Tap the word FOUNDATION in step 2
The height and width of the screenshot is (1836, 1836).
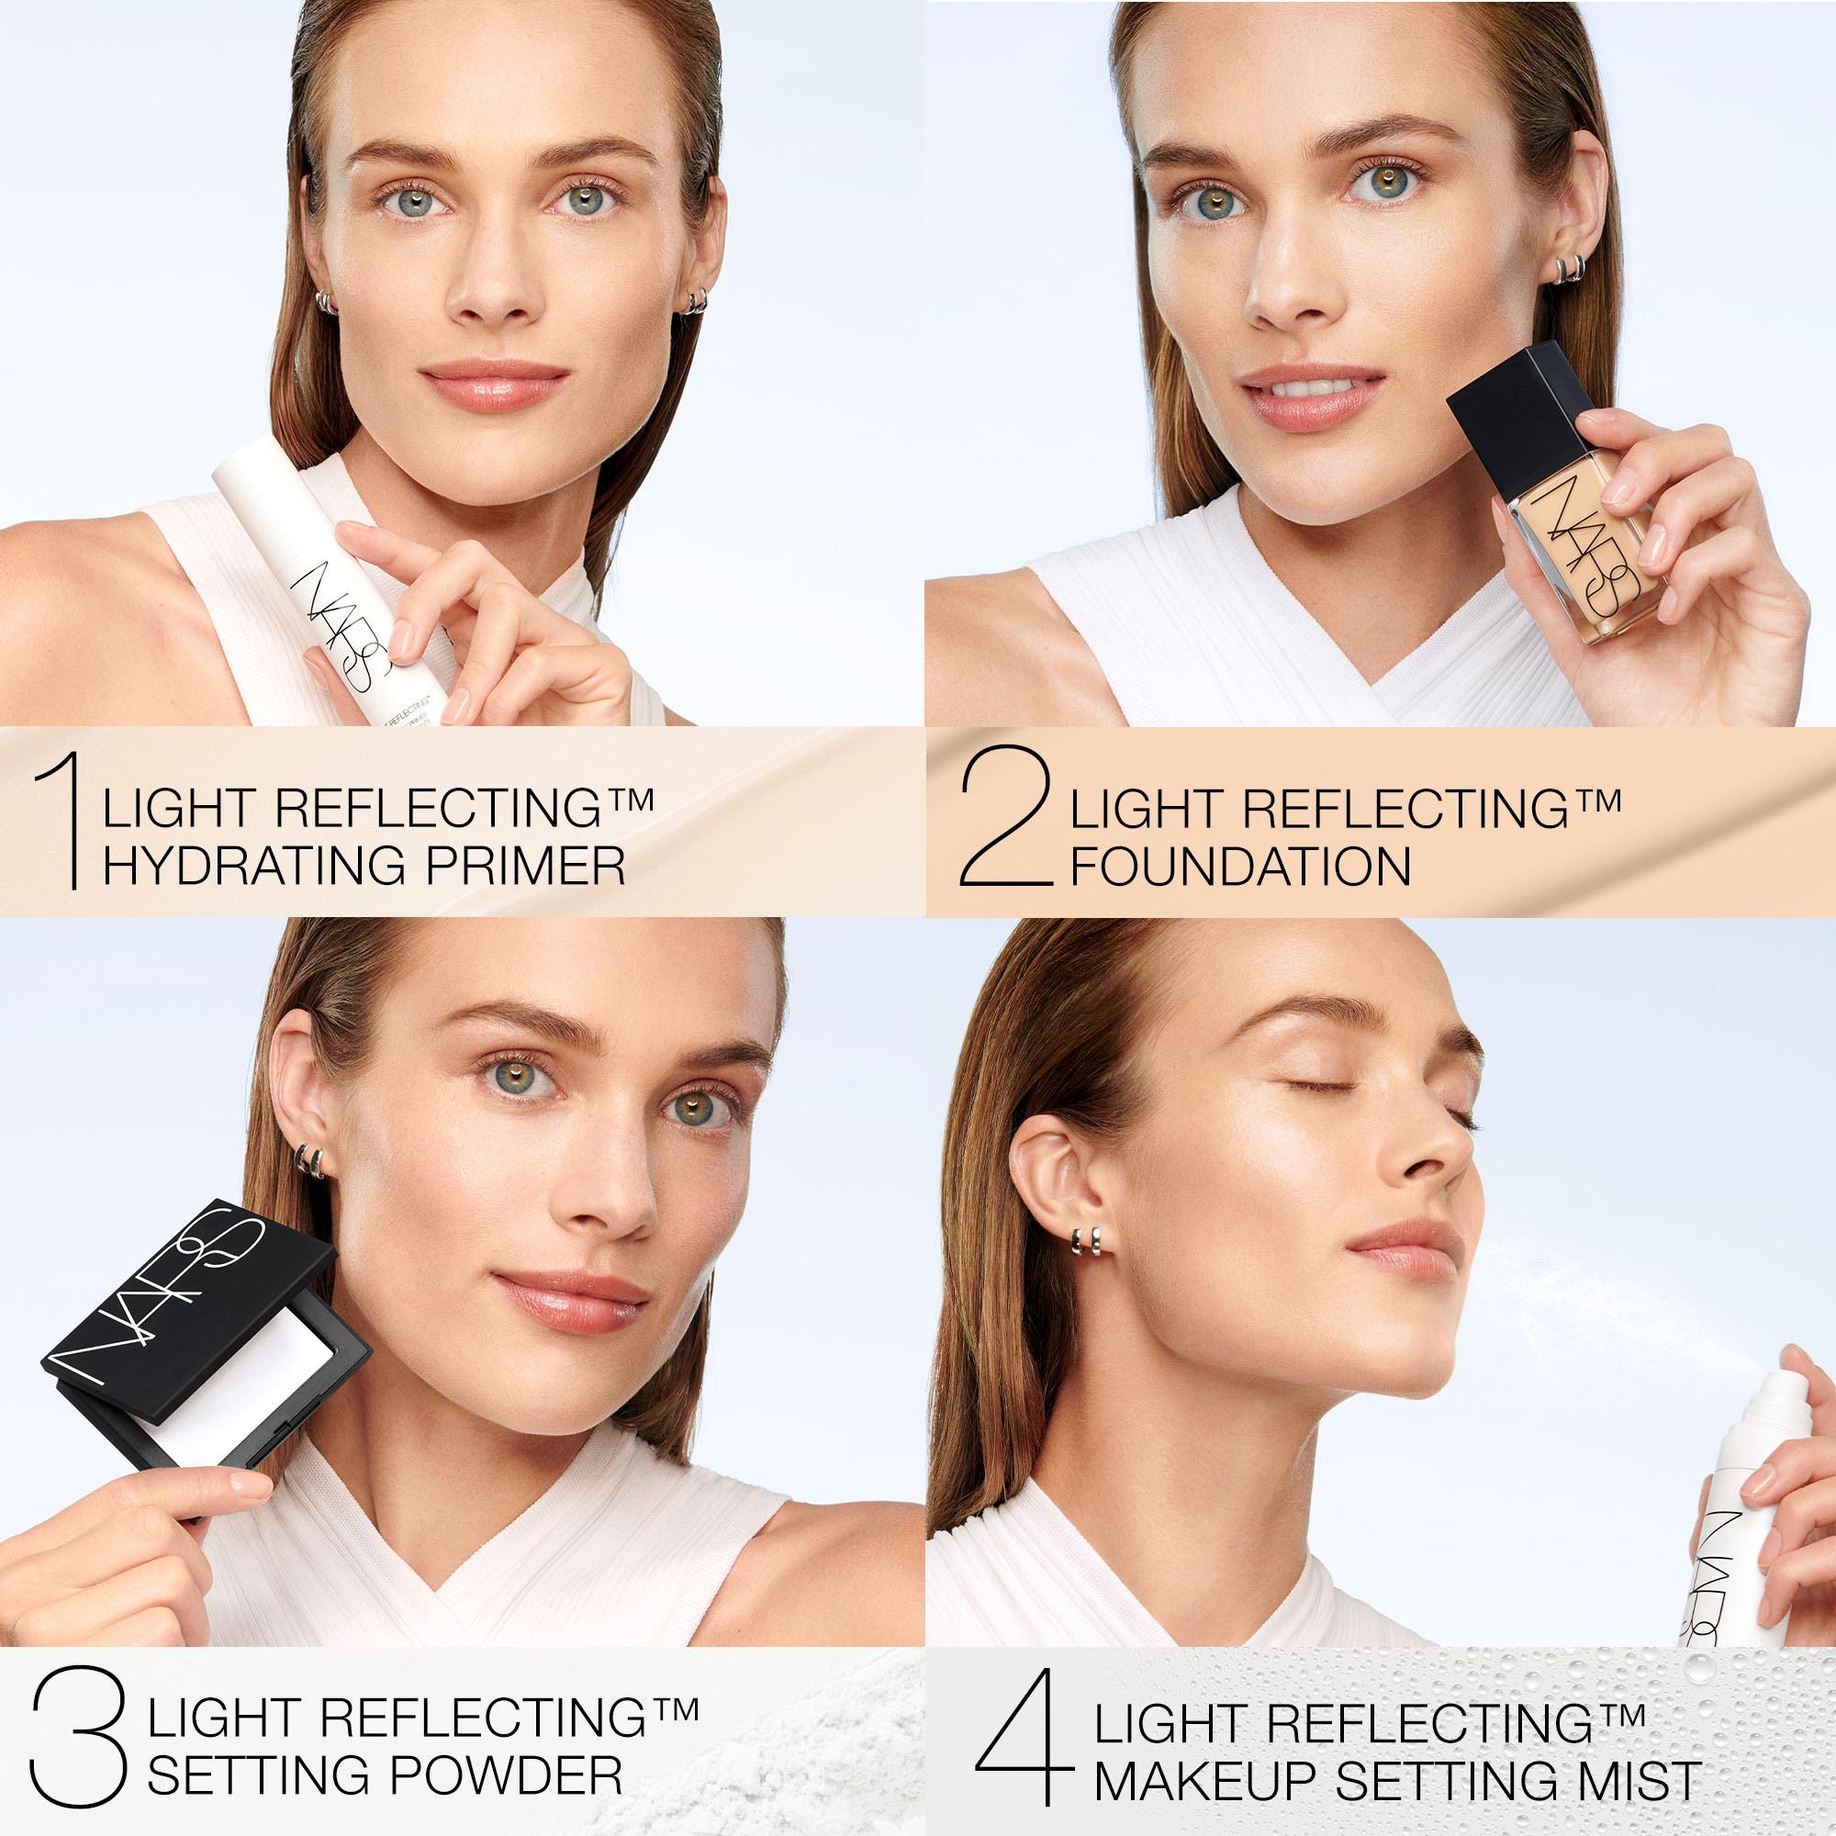[1240, 867]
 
